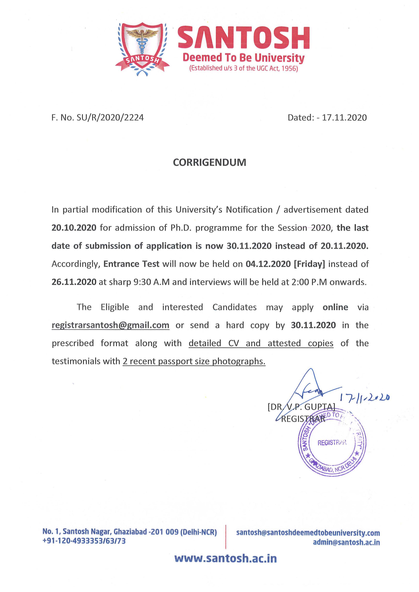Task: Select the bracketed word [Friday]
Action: click(x=309, y=264)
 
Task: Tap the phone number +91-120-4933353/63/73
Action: click(x=84, y=541)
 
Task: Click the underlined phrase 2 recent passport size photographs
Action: click(x=194, y=361)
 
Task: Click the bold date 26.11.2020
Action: click(x=74, y=282)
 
